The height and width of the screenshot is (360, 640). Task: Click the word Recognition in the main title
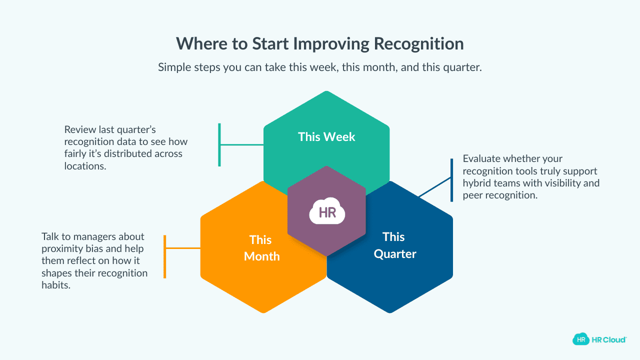[x=419, y=44]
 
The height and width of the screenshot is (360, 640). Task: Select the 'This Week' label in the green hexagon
[x=326, y=136]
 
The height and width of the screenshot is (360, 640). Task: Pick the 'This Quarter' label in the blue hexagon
[x=394, y=245]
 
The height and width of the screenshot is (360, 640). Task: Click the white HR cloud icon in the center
[x=327, y=212]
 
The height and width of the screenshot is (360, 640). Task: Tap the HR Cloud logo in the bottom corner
[x=599, y=339]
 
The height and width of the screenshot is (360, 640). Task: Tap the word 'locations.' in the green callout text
[x=85, y=166]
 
